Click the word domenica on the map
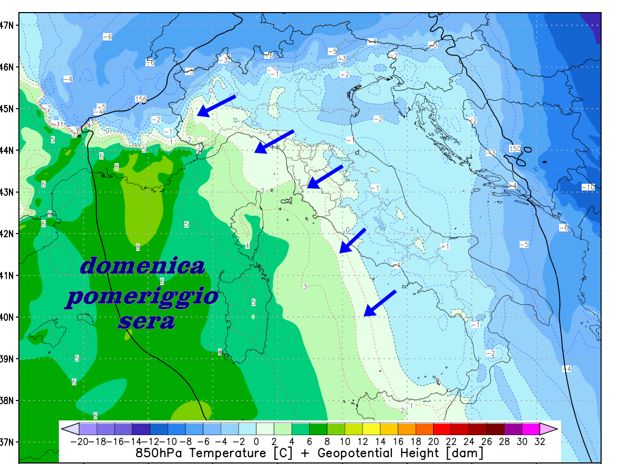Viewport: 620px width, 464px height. [142, 266]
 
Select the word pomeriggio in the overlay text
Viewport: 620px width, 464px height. [142, 298]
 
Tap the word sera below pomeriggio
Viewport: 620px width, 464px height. [147, 321]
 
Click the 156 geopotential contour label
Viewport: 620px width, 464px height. [141, 99]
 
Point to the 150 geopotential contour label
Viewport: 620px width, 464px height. [515, 149]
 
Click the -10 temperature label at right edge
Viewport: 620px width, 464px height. [588, 187]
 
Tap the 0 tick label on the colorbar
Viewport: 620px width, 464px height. [256, 442]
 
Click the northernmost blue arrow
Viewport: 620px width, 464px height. [216, 106]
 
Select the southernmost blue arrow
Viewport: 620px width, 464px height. [379, 303]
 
